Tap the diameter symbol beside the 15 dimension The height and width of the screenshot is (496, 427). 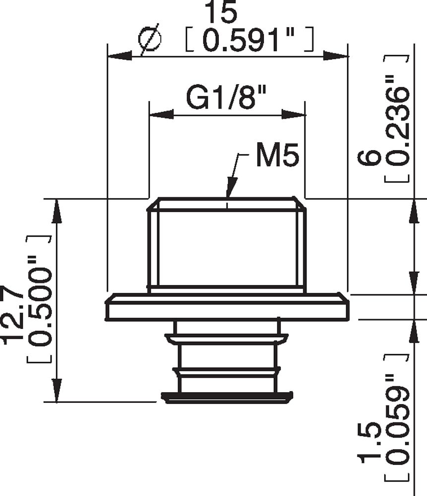150,40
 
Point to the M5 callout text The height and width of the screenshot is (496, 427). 277,156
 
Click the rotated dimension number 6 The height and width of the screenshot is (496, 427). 370,158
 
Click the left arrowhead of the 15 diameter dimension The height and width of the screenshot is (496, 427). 120,56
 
